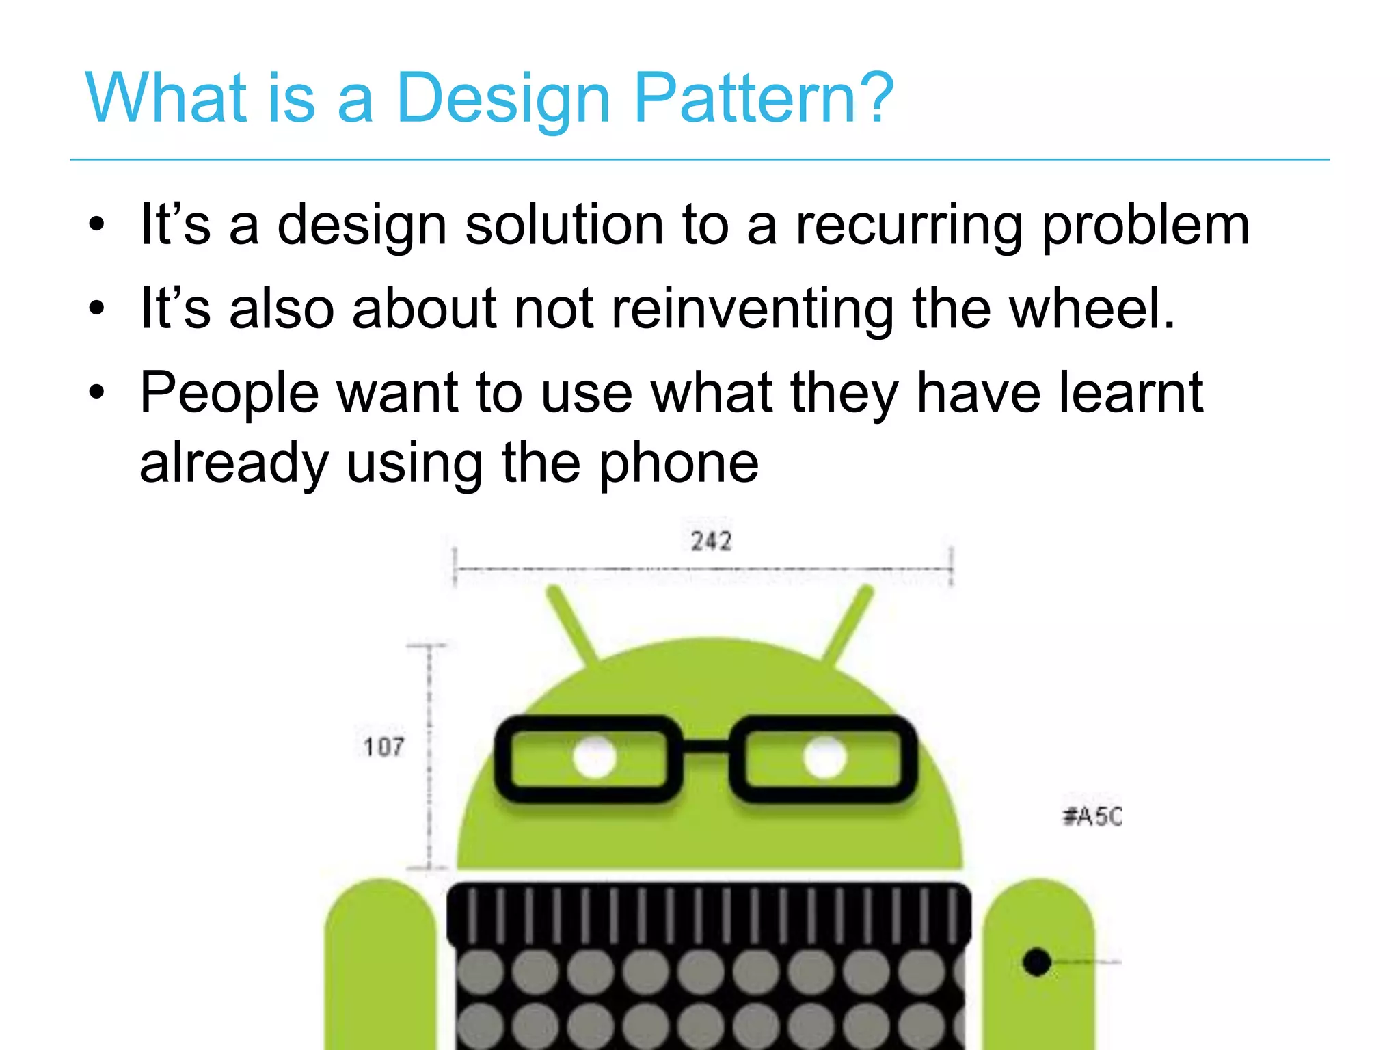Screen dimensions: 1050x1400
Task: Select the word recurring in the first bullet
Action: [909, 226]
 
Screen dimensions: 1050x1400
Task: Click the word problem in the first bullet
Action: [1146, 226]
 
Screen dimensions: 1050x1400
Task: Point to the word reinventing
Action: [752, 310]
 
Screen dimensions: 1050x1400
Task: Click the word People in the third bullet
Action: [229, 393]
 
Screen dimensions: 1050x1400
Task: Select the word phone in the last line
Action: [679, 463]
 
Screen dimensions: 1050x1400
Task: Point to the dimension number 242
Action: [711, 541]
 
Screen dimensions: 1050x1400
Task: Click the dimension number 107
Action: [383, 747]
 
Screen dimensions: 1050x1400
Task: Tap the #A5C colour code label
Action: [1092, 816]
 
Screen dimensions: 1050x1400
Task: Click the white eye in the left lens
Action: [595, 757]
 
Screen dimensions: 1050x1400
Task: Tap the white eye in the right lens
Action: [824, 757]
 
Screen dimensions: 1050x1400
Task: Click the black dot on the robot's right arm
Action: [1036, 962]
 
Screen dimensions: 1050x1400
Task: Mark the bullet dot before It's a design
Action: [97, 226]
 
